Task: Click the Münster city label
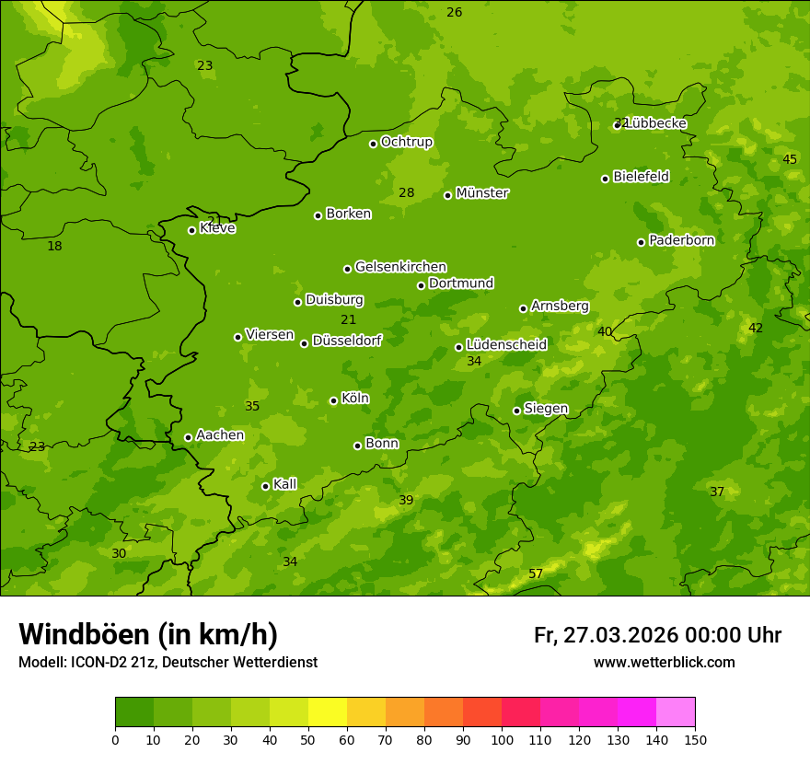pyautogui.click(x=482, y=193)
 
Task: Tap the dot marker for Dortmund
pyautogui.click(x=422, y=285)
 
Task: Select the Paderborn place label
pyautogui.click(x=682, y=240)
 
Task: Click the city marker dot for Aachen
pyautogui.click(x=189, y=437)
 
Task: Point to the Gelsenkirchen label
pyautogui.click(x=400, y=267)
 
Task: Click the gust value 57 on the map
pyautogui.click(x=536, y=574)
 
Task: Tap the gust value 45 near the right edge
pyautogui.click(x=790, y=159)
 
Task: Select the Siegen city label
pyautogui.click(x=546, y=409)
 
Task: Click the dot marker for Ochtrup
pyautogui.click(x=374, y=144)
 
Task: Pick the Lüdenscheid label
pyautogui.click(x=506, y=345)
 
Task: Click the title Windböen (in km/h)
pyautogui.click(x=148, y=634)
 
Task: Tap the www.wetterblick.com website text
pyautogui.click(x=664, y=662)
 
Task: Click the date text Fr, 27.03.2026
pyautogui.click(x=606, y=635)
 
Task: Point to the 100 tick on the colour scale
pyautogui.click(x=502, y=739)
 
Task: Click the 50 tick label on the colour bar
pyautogui.click(x=308, y=739)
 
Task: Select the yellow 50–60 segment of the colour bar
pyautogui.click(x=328, y=712)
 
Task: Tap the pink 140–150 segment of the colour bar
pyautogui.click(x=676, y=712)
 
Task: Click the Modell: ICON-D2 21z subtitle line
pyautogui.click(x=168, y=662)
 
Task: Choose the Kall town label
pyautogui.click(x=285, y=484)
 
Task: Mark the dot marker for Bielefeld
pyautogui.click(x=606, y=179)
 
